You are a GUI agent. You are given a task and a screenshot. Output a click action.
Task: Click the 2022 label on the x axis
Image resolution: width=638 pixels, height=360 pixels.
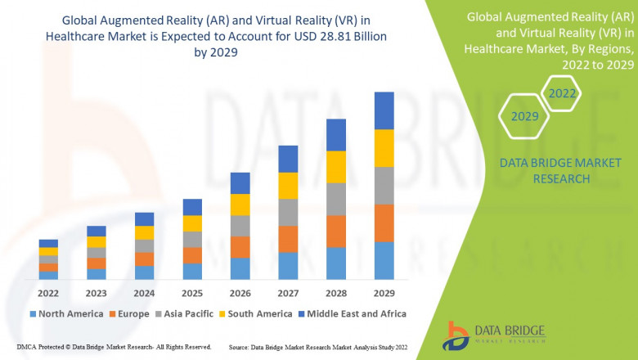(48, 293)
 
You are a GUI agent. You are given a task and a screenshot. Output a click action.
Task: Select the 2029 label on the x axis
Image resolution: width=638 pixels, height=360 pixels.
(384, 293)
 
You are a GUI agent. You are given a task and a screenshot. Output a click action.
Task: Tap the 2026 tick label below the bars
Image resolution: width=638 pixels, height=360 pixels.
(240, 293)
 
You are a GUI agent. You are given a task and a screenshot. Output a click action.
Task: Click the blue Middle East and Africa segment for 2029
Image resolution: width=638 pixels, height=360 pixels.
(384, 110)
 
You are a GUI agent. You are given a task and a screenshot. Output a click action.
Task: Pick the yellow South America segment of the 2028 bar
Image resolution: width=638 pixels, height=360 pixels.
(335, 167)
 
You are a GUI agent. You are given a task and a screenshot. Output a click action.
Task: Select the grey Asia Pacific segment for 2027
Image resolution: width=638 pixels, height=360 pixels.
(288, 212)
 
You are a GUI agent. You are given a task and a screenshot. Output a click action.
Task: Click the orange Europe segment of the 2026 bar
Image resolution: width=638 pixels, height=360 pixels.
(240, 247)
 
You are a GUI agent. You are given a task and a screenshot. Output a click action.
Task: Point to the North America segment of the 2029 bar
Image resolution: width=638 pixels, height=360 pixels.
(384, 260)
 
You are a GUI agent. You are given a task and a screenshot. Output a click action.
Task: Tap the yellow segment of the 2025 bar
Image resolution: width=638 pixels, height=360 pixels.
(192, 223)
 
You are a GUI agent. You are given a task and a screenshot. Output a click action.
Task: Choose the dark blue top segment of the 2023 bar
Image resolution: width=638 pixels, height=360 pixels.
(97, 231)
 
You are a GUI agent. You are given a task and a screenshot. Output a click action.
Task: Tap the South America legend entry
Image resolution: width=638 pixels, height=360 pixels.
(258, 313)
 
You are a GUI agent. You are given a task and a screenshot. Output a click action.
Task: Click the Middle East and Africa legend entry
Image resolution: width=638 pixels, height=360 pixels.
(357, 313)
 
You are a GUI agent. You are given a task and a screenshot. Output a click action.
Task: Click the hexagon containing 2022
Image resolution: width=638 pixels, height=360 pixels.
(562, 93)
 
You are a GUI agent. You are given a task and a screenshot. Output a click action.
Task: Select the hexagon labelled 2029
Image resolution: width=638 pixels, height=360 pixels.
(524, 116)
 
